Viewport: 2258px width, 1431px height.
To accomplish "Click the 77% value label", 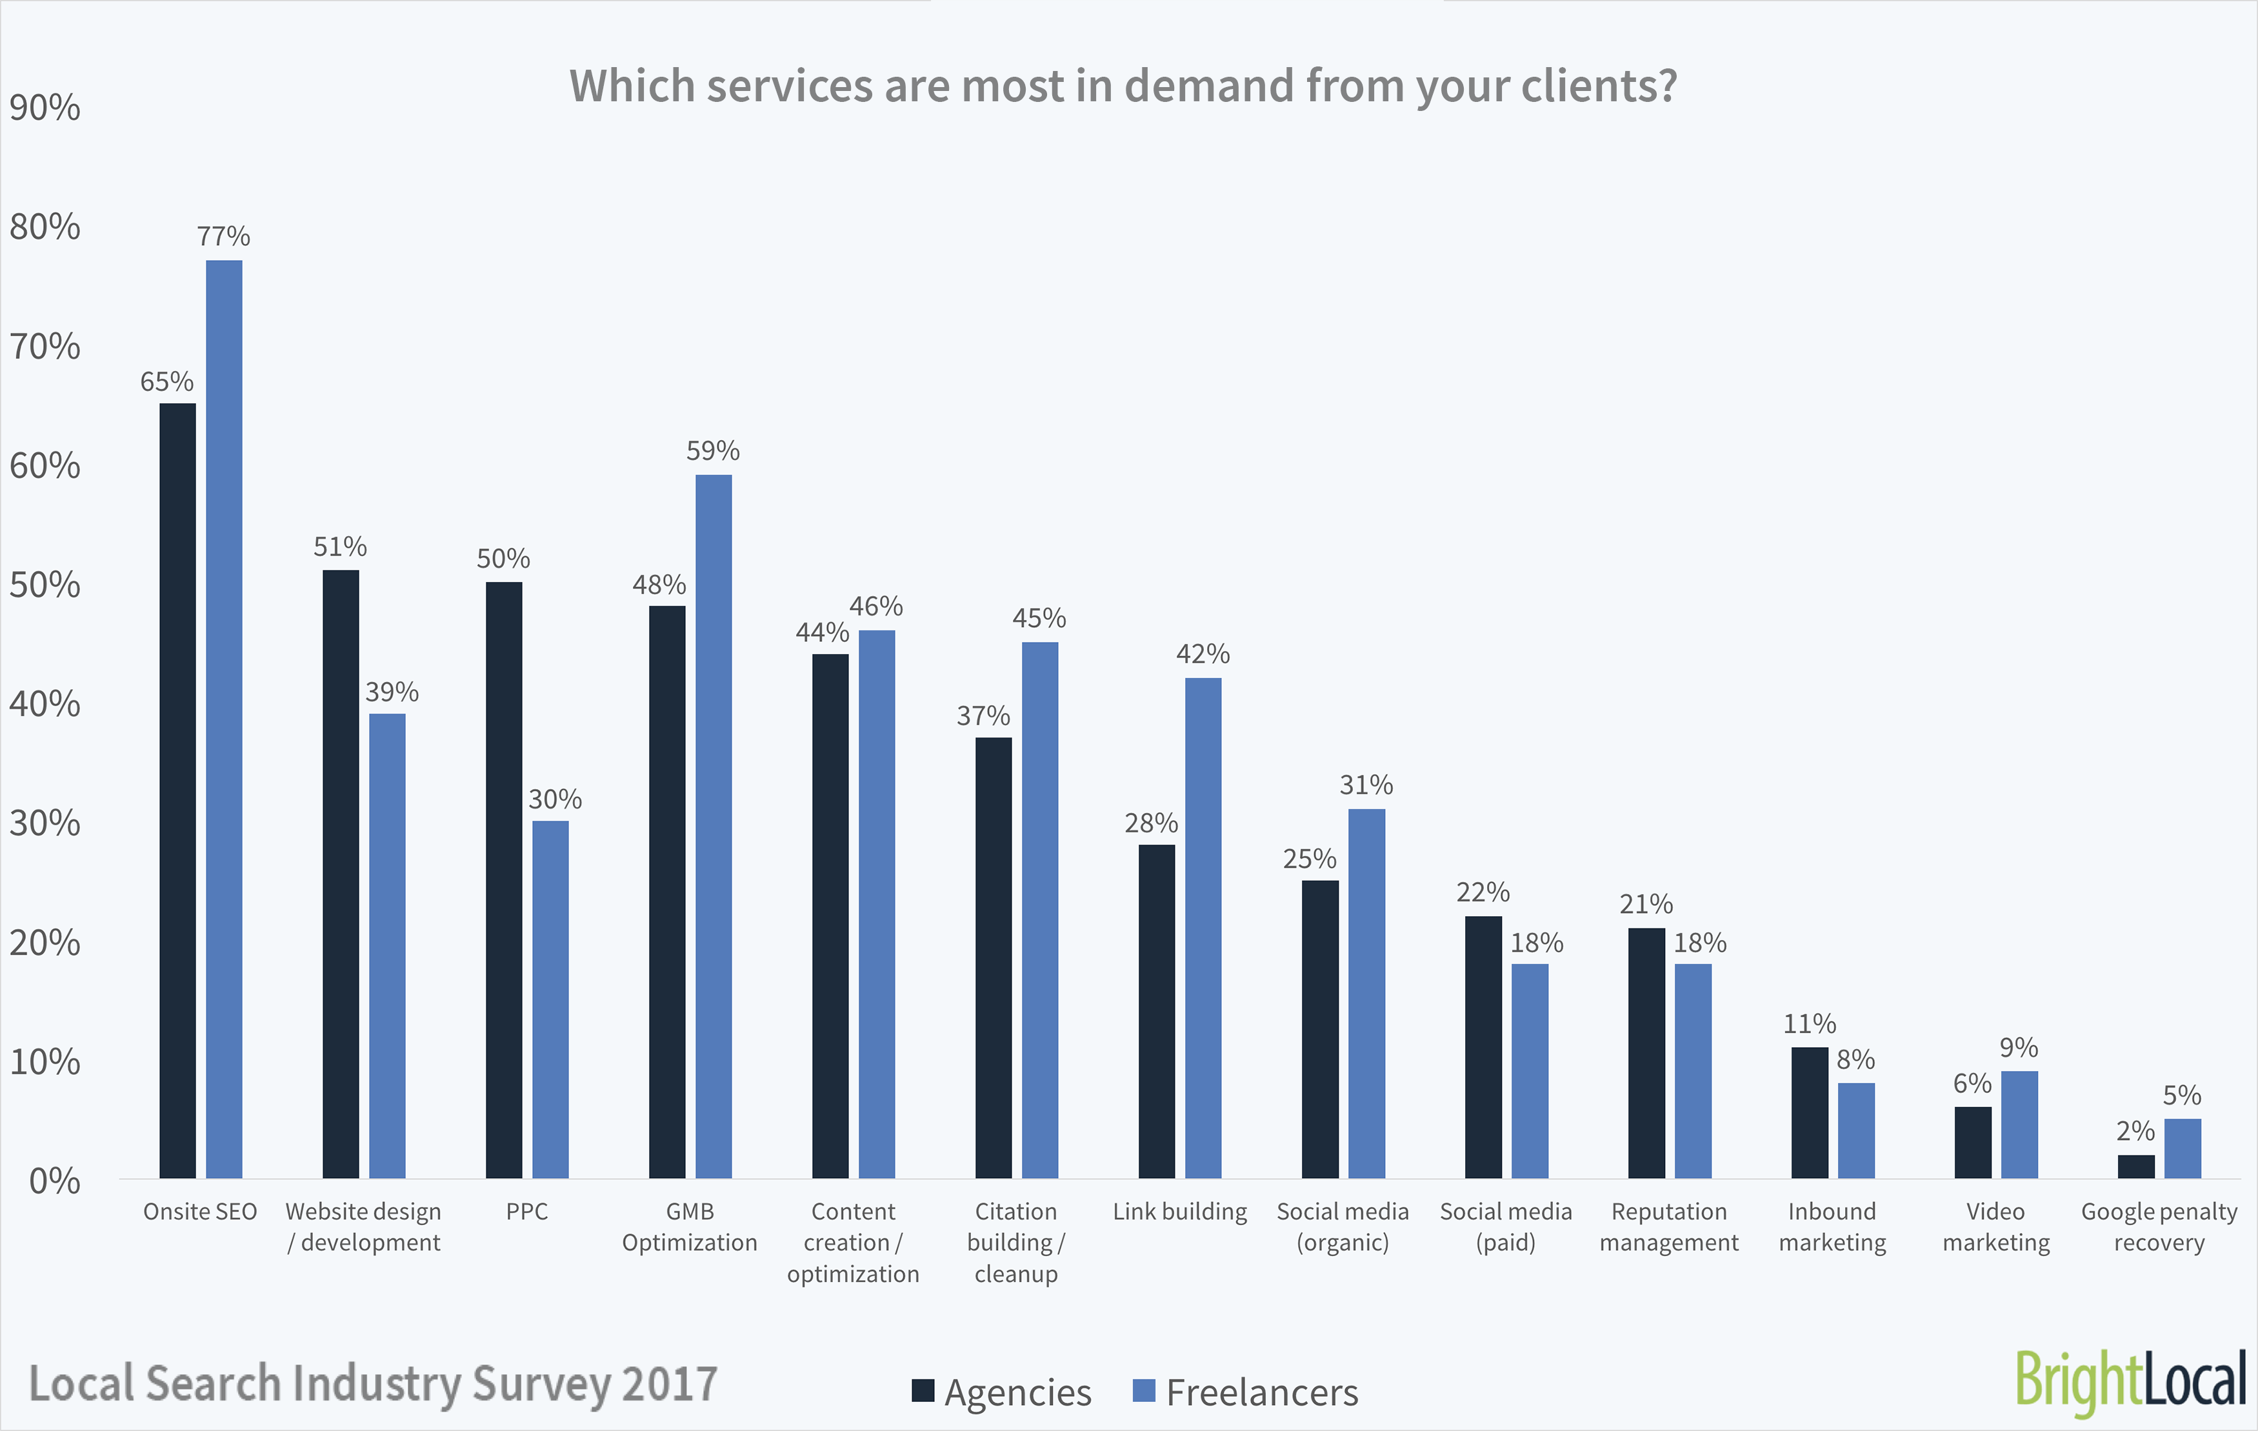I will coord(223,236).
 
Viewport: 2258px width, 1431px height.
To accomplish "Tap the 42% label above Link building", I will coord(1203,654).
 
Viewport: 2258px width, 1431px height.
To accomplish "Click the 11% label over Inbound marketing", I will coord(1809,1023).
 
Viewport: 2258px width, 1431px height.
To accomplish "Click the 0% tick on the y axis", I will coord(54,1181).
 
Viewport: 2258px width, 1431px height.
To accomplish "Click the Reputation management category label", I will coord(1669,1226).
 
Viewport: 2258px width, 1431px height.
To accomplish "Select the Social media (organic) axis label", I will coord(1343,1226).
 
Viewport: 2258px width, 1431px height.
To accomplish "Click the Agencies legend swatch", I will coord(923,1391).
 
